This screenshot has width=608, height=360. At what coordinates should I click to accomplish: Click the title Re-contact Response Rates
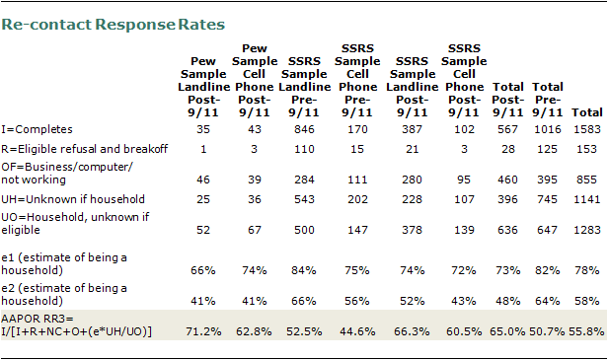(113, 25)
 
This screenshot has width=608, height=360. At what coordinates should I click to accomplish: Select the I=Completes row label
(37, 129)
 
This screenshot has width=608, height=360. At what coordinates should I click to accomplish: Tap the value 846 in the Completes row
(304, 129)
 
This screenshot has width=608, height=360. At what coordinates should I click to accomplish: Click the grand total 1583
(587, 129)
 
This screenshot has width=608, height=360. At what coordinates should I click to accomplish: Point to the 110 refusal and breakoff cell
(304, 149)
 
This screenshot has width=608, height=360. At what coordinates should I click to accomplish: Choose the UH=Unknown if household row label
(73, 199)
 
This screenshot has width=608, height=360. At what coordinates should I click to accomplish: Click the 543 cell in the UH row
(304, 199)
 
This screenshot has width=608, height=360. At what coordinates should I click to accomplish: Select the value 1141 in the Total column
(587, 199)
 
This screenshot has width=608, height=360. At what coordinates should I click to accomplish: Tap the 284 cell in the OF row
(304, 180)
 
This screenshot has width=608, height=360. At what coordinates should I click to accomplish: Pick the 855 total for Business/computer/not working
(586, 180)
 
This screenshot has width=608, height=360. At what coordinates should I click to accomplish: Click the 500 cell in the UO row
(304, 230)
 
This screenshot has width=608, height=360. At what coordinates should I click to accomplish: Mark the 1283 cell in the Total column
(587, 230)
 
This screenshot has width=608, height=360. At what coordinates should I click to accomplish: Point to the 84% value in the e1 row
(304, 270)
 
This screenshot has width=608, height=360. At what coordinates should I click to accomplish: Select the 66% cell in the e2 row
(304, 301)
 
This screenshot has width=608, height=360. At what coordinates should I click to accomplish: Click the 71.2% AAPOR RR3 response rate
(203, 331)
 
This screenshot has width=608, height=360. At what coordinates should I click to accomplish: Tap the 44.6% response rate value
(357, 331)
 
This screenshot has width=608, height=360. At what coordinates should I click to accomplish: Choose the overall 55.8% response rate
(586, 331)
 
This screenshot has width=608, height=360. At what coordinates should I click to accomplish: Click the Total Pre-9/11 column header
(547, 100)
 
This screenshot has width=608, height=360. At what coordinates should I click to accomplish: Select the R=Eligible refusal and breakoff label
(85, 149)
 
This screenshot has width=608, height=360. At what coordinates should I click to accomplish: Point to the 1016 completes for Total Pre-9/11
(547, 129)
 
